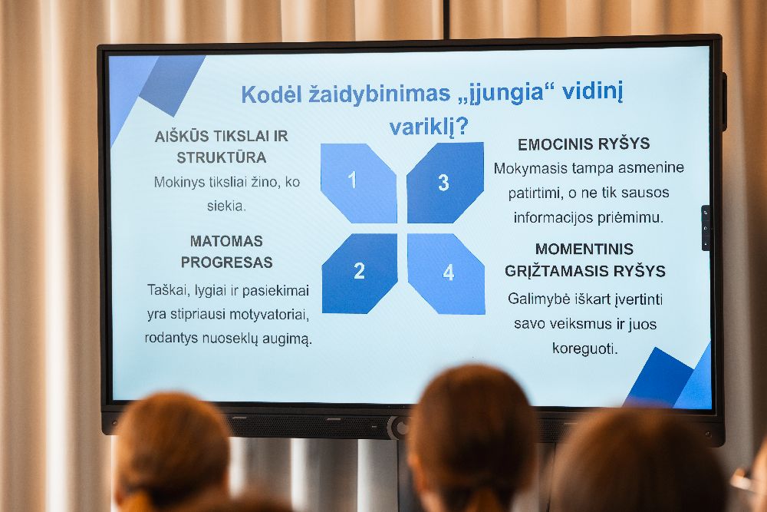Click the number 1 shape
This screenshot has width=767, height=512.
358,183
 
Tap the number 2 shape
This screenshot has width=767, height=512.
360,273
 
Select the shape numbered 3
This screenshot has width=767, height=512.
445,183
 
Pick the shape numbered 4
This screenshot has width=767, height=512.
446,273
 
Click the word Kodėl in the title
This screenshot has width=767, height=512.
272,94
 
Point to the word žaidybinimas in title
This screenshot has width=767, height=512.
380,94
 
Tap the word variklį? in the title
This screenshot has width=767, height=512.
429,127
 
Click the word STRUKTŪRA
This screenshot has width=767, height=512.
222,157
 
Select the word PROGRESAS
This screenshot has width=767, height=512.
226,263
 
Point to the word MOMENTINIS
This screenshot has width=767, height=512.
584,249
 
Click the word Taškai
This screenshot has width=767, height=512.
168,290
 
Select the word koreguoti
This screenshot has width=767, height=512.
584,348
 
